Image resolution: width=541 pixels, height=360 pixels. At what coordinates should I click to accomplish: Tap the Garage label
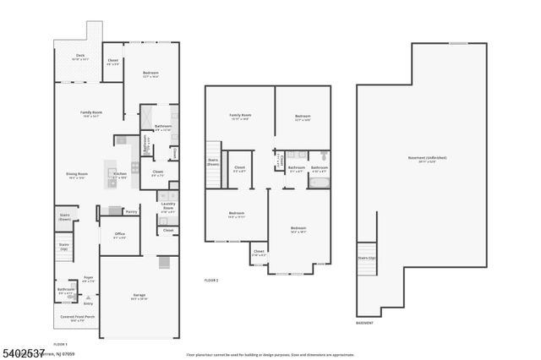point(139,296)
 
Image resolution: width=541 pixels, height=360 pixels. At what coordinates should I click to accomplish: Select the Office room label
point(119,236)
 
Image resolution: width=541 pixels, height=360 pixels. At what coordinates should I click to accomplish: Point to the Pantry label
point(131,211)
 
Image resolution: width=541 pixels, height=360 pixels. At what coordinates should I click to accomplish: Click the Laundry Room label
point(167,207)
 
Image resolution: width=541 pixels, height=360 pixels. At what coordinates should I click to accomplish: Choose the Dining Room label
point(78,176)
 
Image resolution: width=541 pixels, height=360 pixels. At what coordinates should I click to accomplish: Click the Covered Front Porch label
point(78,319)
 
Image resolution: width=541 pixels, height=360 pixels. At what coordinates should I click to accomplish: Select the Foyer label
point(88,278)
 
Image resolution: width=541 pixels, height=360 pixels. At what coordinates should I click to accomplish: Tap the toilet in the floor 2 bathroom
point(324,156)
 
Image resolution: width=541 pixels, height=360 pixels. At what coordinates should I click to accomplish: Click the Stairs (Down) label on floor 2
point(213,162)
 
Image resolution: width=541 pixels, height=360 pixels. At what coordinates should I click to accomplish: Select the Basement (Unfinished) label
point(420,159)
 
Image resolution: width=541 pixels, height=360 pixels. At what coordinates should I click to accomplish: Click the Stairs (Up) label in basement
point(365,258)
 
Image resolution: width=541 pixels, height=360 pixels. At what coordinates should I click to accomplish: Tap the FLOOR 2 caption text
point(211,280)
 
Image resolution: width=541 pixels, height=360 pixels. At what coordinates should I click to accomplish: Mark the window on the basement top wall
point(457,43)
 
